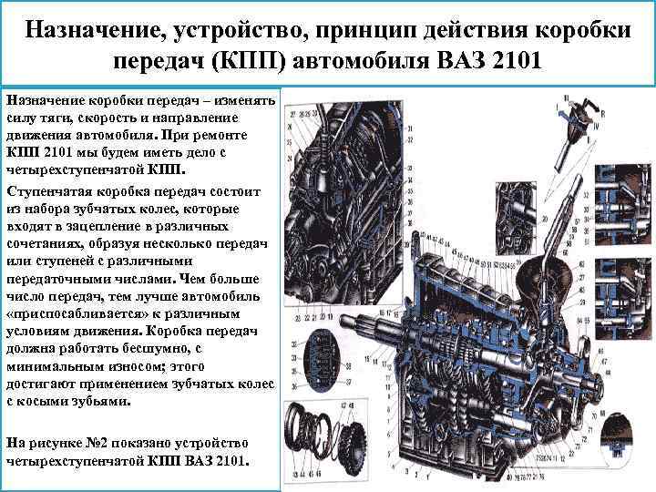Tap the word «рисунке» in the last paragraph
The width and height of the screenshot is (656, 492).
pyautogui.click(x=56, y=443)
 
